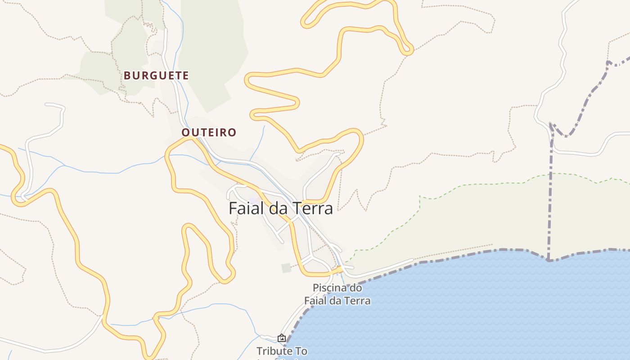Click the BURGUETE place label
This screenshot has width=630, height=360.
(156, 76)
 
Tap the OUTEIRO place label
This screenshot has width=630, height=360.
(209, 132)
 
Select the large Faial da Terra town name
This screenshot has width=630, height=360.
(281, 208)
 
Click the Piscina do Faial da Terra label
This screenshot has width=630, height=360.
(337, 294)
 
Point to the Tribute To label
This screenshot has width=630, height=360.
(282, 351)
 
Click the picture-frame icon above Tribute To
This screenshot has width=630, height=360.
(282, 338)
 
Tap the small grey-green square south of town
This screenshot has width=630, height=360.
(286, 268)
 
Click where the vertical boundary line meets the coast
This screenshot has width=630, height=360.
(549, 260)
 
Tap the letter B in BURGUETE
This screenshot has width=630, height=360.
(127, 76)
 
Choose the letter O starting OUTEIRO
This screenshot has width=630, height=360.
(185, 132)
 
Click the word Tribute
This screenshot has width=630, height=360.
(274, 351)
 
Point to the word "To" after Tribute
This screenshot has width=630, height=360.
(301, 351)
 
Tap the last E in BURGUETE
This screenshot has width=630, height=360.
(185, 76)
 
